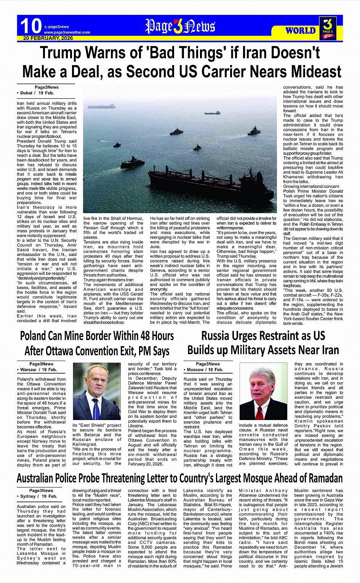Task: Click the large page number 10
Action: [x=31, y=26]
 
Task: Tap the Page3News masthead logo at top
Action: [x=180, y=26]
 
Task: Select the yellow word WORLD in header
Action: [x=301, y=30]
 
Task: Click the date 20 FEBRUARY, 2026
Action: [x=48, y=38]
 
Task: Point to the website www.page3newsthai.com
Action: [x=67, y=32]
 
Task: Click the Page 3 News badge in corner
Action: [x=328, y=28]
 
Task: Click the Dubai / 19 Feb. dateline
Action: [x=37, y=93]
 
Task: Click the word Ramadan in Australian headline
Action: [x=321, y=478]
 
